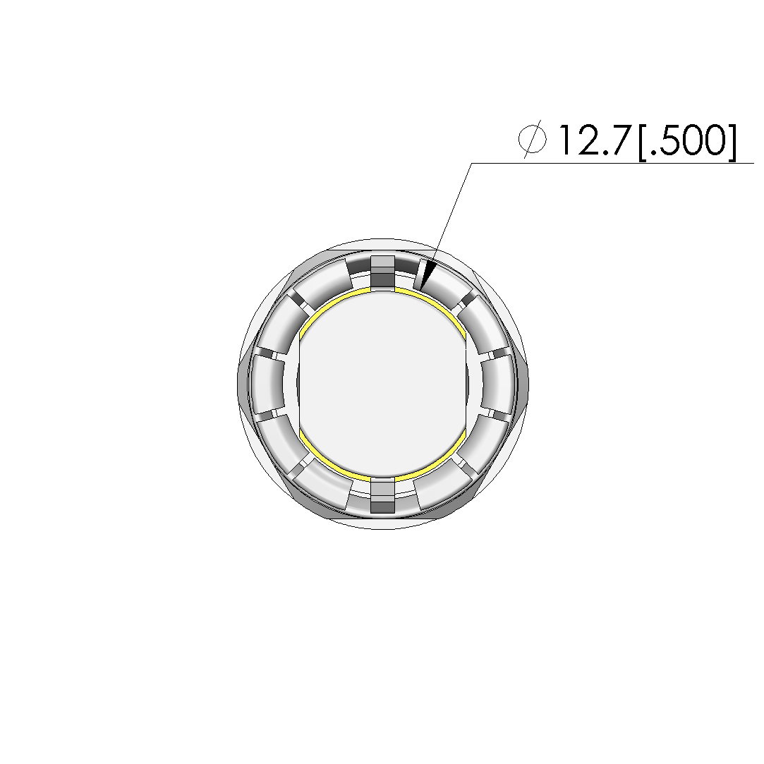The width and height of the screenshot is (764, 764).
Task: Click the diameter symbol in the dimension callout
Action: click(x=532, y=139)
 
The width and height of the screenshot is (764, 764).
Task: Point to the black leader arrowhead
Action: click(x=428, y=275)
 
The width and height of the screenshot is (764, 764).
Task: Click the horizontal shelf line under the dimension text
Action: click(x=612, y=163)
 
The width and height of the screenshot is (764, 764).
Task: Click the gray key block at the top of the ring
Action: click(x=382, y=272)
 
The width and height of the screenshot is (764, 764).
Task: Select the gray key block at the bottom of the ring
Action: click(x=382, y=495)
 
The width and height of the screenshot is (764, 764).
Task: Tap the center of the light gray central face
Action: click(x=382, y=384)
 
